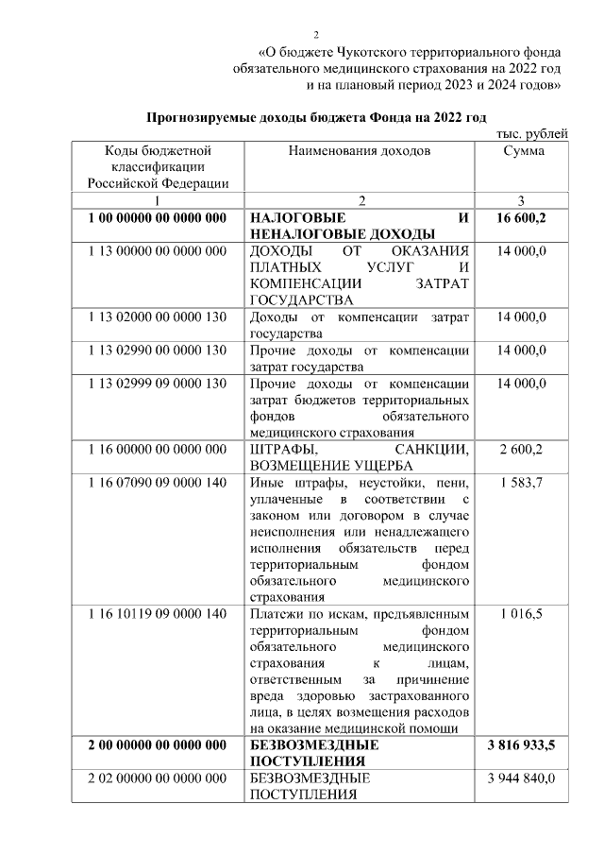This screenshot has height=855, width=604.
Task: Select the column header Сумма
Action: [x=523, y=151]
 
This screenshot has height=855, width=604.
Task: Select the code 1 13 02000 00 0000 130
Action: [x=157, y=316]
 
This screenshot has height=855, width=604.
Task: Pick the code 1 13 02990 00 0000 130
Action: [x=157, y=351]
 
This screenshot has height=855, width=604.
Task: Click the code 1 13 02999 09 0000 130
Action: [x=157, y=384]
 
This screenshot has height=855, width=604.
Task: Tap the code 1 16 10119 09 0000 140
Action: [x=157, y=615]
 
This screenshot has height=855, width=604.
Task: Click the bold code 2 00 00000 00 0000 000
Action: [x=157, y=745]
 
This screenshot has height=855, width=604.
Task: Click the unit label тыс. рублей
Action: [x=532, y=133]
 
